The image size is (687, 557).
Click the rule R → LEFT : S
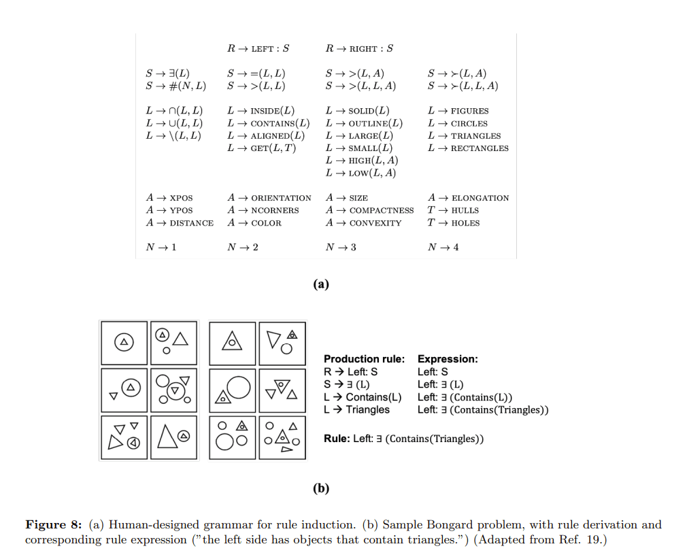[258, 48]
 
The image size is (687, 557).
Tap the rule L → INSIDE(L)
[261, 111]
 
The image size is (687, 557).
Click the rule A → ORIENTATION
[269, 198]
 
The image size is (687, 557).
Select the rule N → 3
[341, 248]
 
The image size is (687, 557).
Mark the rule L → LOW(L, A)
[361, 173]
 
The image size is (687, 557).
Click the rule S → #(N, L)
[175, 86]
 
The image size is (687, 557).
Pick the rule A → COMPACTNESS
[369, 211]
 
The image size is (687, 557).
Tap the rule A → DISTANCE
[180, 223]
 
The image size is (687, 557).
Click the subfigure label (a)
[320, 284]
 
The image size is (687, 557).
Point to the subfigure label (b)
[320, 488]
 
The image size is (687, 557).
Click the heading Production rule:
[364, 359]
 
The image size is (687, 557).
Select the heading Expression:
[447, 359]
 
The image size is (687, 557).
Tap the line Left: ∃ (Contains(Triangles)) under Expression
[483, 410]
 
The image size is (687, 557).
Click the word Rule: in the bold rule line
[337, 439]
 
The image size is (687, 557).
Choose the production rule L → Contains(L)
[363, 397]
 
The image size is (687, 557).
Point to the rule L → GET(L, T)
[262, 148]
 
